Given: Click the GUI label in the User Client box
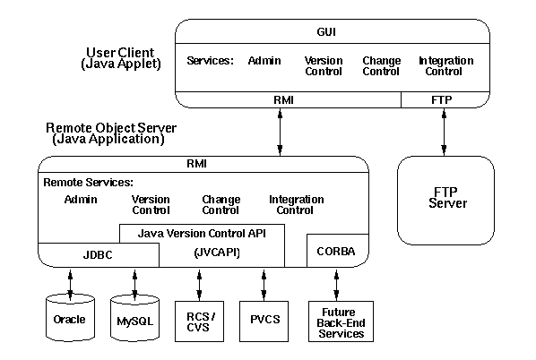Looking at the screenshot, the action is [x=326, y=32].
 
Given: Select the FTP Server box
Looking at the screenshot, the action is [x=445, y=201].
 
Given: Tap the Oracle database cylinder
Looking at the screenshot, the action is [x=70, y=318].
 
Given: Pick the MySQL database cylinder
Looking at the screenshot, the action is [x=134, y=318].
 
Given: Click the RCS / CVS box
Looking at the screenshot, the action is [x=199, y=321].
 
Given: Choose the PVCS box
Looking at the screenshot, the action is [x=264, y=321].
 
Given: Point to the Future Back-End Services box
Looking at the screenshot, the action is [x=341, y=321].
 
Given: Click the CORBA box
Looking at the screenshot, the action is [x=338, y=251].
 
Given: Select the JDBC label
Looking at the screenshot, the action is [x=98, y=255].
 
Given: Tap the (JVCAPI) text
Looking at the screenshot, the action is [x=217, y=253].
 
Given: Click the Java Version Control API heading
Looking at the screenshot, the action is [x=202, y=234].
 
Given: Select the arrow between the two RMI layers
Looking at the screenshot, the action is [x=280, y=133].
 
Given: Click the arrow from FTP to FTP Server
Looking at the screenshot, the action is [x=444, y=133].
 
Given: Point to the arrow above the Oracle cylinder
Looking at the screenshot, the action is [x=70, y=285].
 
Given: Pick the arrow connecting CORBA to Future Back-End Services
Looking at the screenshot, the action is [x=336, y=285].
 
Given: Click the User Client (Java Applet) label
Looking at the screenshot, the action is [x=121, y=58].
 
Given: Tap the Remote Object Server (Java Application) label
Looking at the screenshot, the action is [x=111, y=133].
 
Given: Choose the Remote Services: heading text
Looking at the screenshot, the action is [x=88, y=183].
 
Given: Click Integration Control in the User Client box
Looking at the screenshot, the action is [x=445, y=66].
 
